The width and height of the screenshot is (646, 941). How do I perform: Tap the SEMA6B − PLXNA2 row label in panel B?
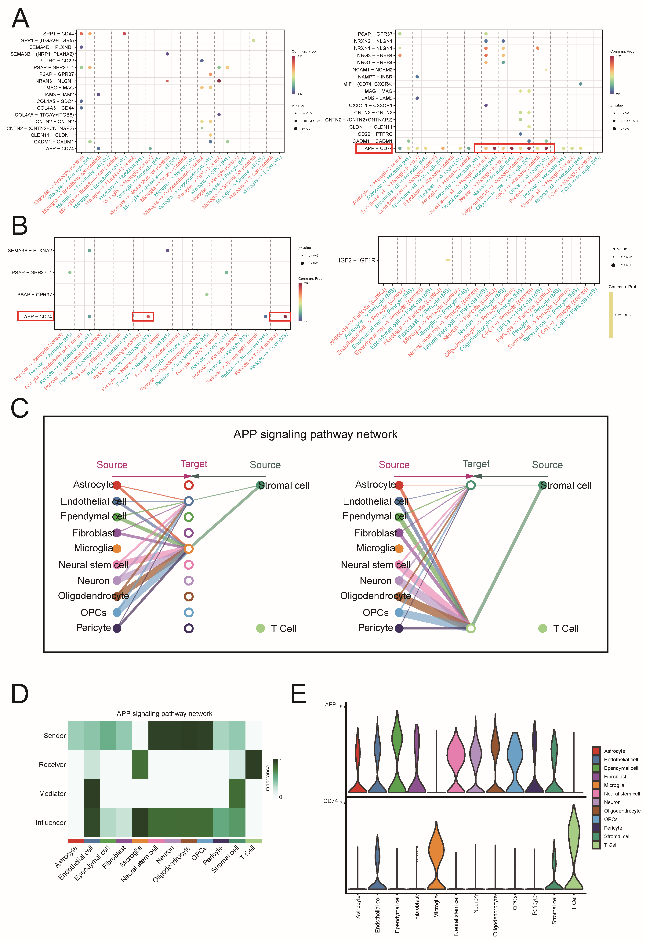coord(30,251)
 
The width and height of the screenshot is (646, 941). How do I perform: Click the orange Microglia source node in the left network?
coord(117,549)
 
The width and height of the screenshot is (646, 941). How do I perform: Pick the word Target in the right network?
coord(476,464)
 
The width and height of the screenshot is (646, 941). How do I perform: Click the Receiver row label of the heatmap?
coord(52,764)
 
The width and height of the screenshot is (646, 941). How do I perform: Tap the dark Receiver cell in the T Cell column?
coord(254,764)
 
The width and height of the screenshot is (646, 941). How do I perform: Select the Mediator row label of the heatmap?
coord(52,794)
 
